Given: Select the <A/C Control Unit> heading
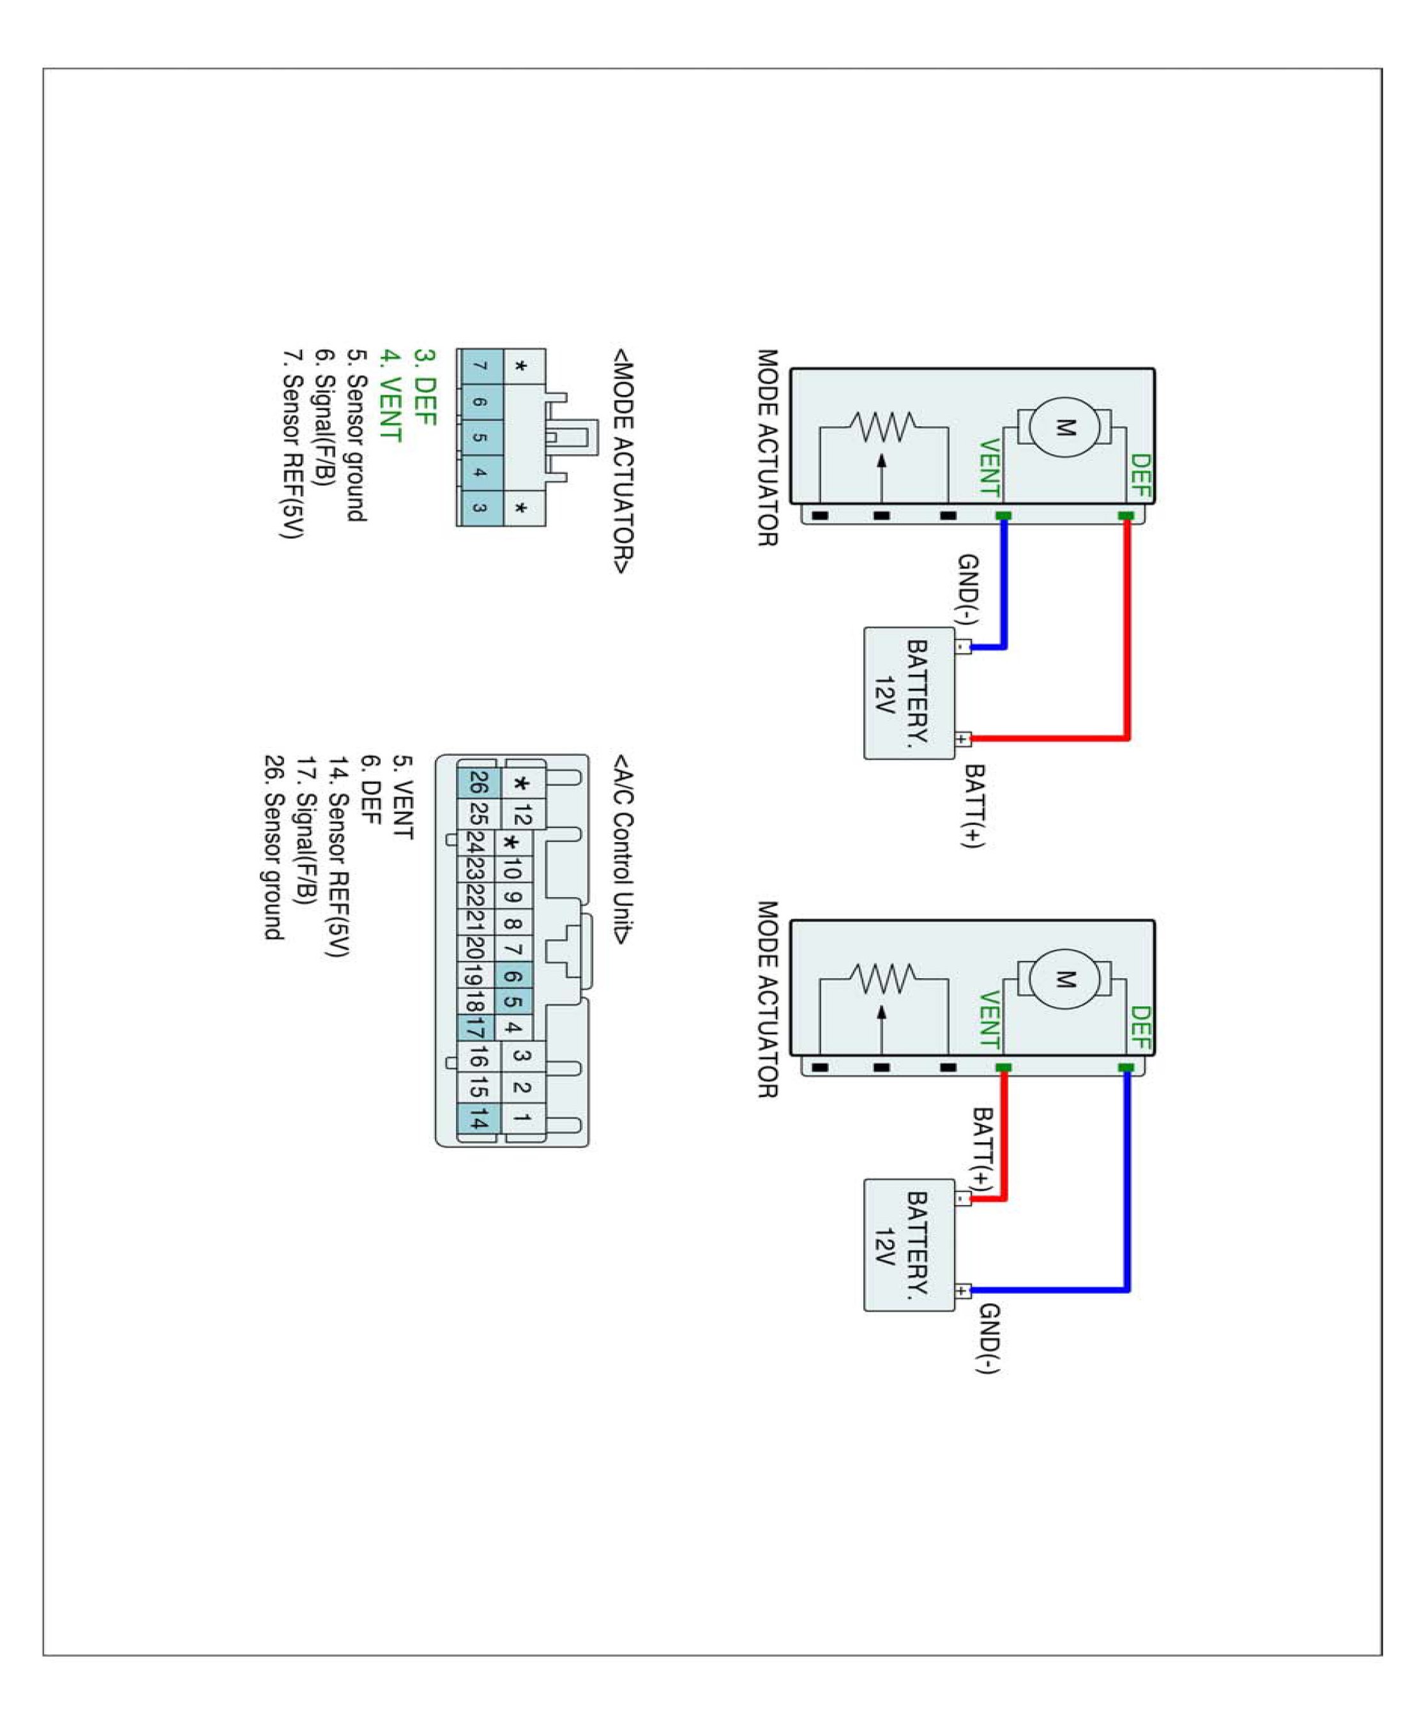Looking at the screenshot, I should pyautogui.click(x=622, y=849).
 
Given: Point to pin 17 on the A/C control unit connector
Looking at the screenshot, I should pyautogui.click(x=476, y=1027).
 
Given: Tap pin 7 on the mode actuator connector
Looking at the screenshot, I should pyautogui.click(x=479, y=366).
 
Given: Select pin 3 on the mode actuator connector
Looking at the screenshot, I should pyautogui.click(x=479, y=507).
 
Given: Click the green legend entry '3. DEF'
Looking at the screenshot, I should pyautogui.click(x=424, y=387).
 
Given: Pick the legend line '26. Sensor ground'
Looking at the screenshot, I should pyautogui.click(x=273, y=847).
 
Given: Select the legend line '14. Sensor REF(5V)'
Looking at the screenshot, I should pyautogui.click(x=339, y=856).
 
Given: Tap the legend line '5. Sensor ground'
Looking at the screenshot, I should pyautogui.click(x=357, y=435).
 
